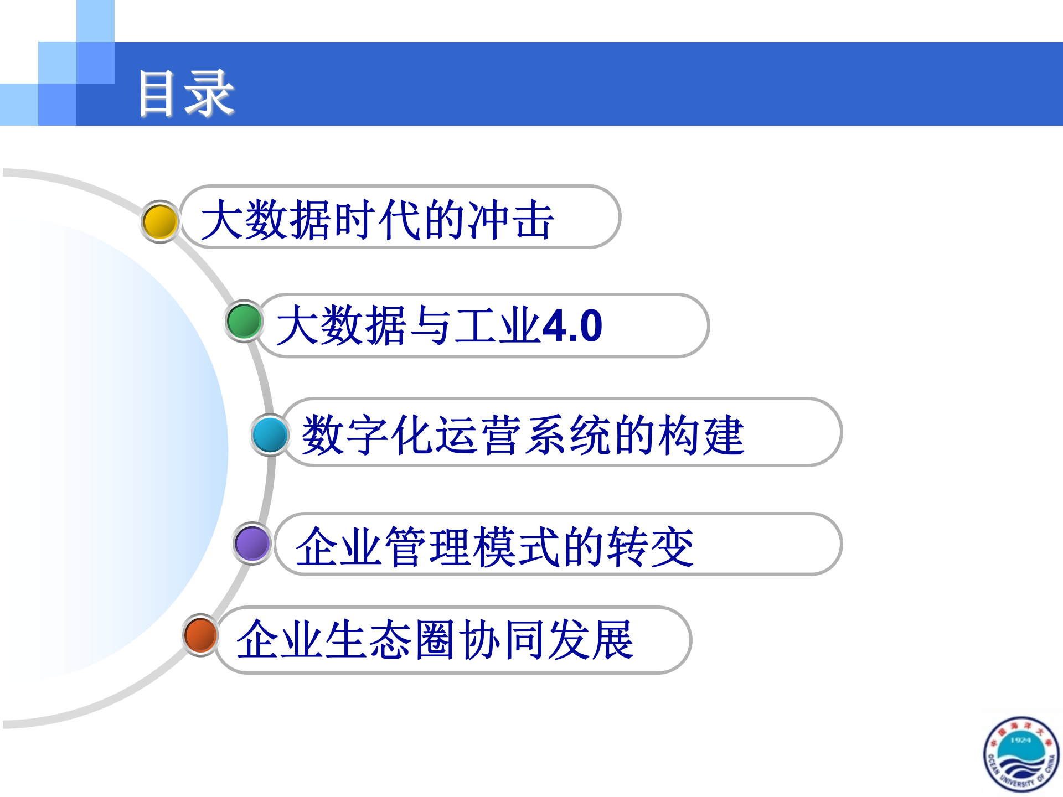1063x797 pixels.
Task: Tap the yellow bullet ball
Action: (160, 221)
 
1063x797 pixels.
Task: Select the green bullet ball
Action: (244, 321)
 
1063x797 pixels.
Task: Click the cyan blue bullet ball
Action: (270, 434)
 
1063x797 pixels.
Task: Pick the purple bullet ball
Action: (252, 543)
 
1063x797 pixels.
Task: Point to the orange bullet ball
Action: (200, 635)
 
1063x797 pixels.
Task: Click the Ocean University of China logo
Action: (1021, 754)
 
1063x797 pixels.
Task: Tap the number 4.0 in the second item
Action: (572, 325)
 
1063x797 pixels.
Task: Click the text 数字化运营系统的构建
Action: (523, 435)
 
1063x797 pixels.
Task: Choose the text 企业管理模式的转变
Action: (494, 547)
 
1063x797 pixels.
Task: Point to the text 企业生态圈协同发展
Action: (435, 640)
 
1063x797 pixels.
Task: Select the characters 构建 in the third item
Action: (701, 435)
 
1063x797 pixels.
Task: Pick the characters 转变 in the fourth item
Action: (650, 547)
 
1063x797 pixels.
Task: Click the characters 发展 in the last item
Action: (590, 640)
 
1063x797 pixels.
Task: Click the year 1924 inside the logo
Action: (1020, 739)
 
